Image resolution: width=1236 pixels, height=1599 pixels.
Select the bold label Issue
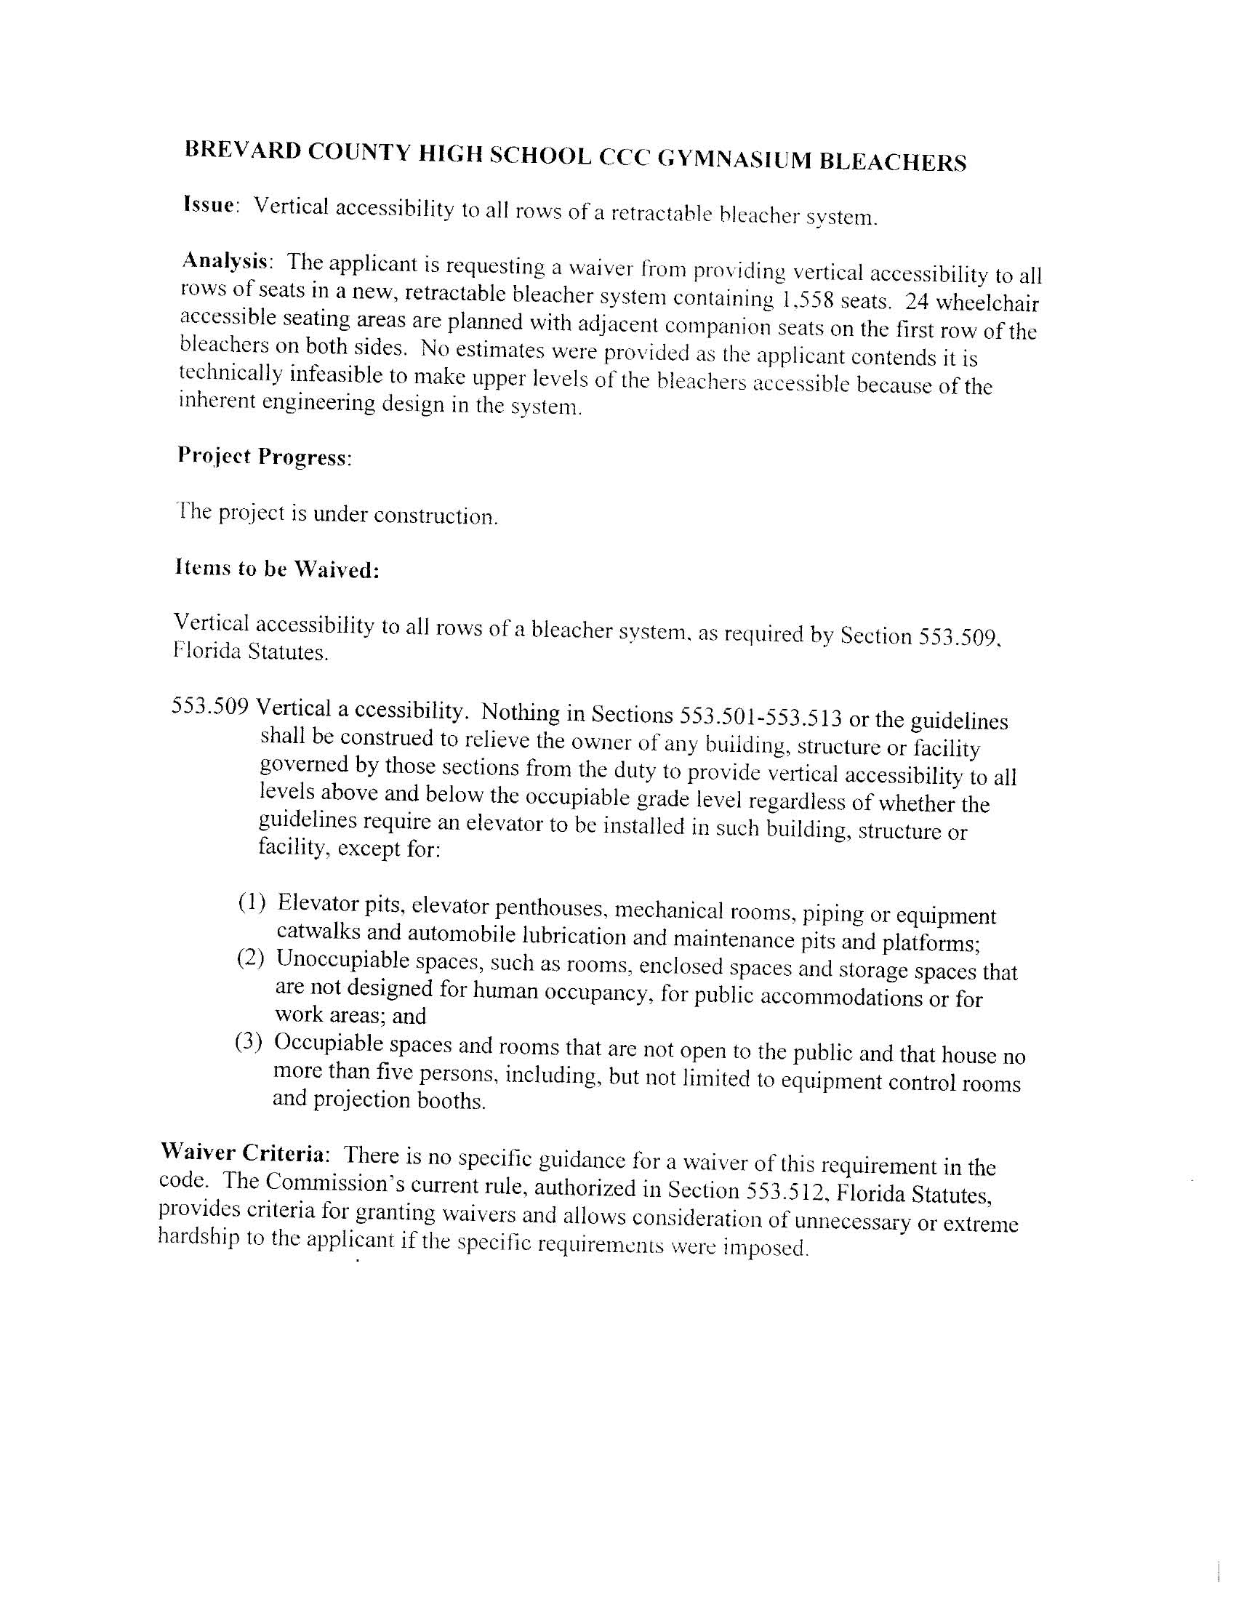[209, 204]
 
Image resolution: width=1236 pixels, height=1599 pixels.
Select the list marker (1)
[252, 902]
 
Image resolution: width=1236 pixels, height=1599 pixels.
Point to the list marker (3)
[249, 1041]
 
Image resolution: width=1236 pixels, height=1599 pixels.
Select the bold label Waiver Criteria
[242, 1153]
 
